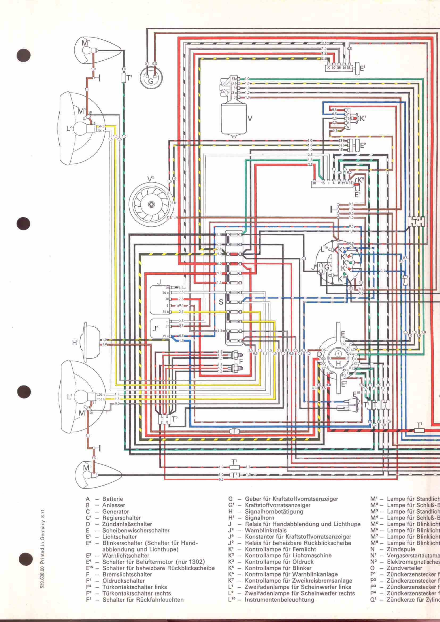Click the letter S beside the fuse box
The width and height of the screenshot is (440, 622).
(x=221, y=302)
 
